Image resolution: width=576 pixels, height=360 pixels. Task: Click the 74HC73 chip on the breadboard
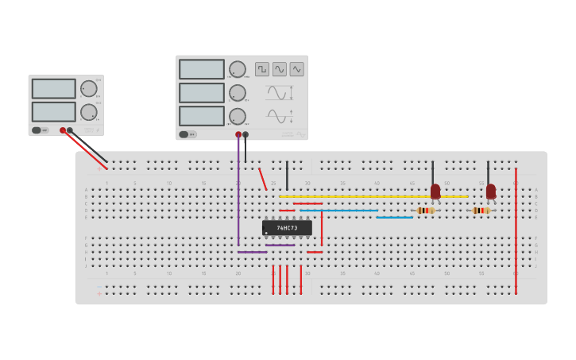(287, 228)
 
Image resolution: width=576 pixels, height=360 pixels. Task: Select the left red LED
(435, 192)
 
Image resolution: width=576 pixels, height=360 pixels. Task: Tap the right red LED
(491, 192)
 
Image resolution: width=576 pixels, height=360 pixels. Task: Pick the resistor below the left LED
(426, 211)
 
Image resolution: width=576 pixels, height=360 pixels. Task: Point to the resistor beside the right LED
(481, 211)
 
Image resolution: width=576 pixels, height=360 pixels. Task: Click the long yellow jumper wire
(373, 196)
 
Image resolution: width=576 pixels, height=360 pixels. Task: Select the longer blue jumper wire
(339, 211)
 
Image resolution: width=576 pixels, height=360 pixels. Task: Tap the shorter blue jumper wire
(395, 217)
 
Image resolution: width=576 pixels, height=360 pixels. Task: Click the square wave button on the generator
(262, 69)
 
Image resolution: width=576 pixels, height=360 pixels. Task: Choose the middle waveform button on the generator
(280, 69)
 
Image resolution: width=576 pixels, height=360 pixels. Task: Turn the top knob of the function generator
(238, 69)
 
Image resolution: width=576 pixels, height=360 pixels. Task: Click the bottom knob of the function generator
(238, 116)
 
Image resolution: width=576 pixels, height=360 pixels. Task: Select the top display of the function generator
(202, 69)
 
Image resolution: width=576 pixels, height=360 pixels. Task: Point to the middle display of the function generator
(202, 93)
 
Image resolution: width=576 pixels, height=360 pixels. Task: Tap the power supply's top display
(54, 88)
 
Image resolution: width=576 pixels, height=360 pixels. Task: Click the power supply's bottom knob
(88, 112)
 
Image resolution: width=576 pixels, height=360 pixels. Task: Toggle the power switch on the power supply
(37, 130)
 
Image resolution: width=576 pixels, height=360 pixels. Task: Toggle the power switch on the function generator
(184, 134)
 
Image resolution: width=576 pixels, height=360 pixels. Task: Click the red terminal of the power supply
(63, 130)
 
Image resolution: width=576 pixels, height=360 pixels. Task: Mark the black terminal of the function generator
(245, 134)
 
